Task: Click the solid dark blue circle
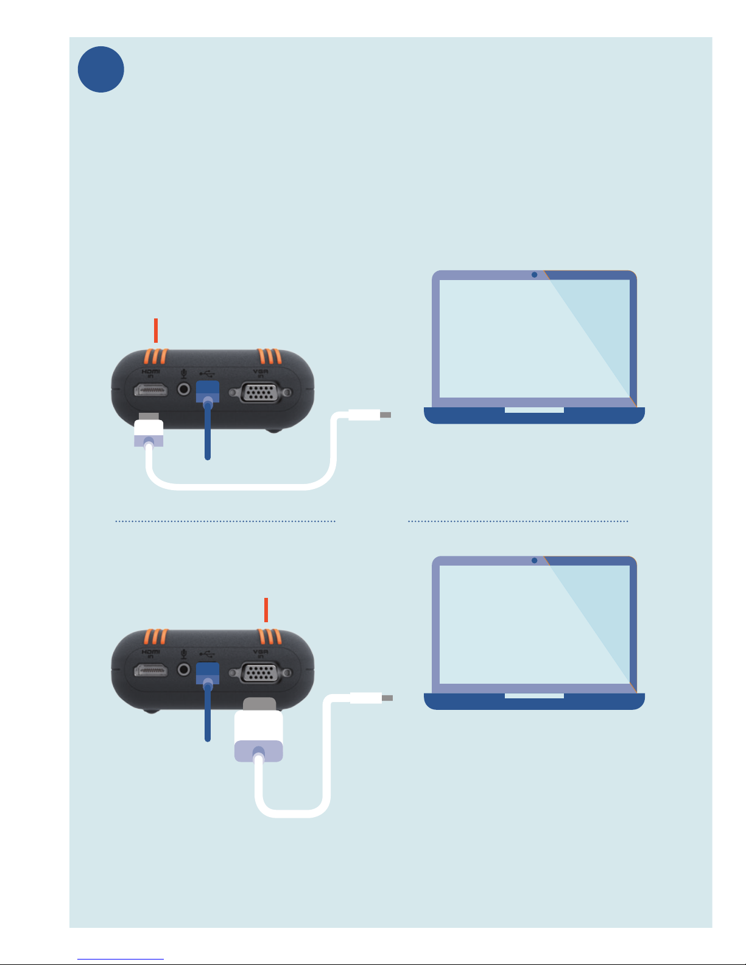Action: tap(101, 69)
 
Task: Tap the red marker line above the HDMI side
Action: tap(156, 330)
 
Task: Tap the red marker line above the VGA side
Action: tap(266, 610)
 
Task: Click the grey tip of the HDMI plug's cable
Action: tap(385, 415)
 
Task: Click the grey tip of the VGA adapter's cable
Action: tap(387, 698)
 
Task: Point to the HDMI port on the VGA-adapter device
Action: tap(150, 671)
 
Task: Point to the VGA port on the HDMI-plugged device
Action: tap(260, 393)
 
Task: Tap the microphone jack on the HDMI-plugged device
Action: tap(183, 388)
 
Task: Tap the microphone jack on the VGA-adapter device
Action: tap(183, 670)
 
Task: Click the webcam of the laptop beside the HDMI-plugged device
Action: tap(534, 275)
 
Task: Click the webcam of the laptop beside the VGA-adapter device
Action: tap(534, 561)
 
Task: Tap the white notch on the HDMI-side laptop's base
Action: tap(534, 410)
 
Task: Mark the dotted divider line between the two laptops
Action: tap(518, 521)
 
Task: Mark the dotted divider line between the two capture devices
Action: tap(225, 521)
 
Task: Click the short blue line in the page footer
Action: tap(121, 959)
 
